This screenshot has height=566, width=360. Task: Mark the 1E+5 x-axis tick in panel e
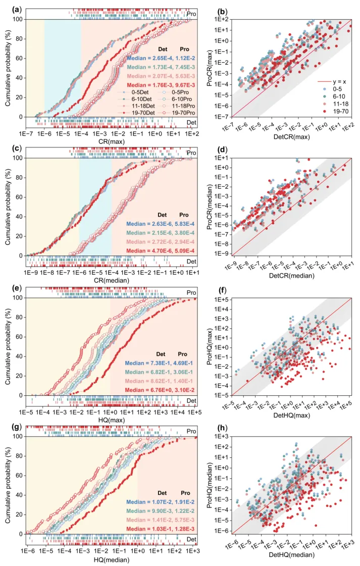pyautogui.click(x=194, y=413)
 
